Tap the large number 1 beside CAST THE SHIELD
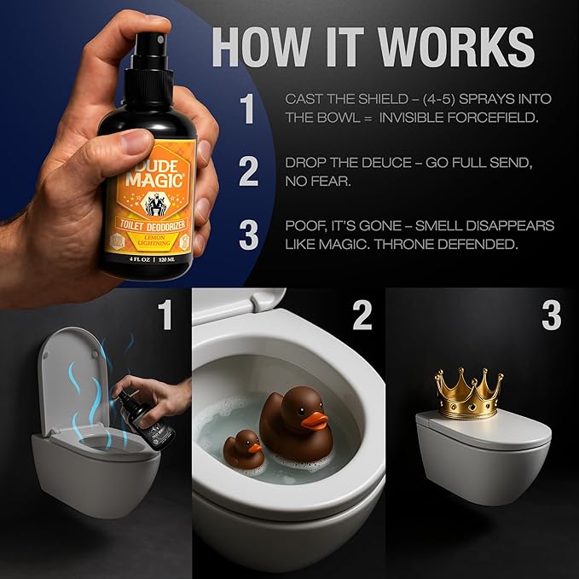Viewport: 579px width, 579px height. coord(247,109)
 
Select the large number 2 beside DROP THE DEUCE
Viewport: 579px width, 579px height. coord(248,171)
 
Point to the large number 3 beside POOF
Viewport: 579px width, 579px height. coord(248,235)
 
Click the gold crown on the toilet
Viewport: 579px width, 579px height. coord(466,395)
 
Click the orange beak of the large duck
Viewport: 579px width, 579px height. coord(316,419)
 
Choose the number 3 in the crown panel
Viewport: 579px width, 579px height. coord(551,315)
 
